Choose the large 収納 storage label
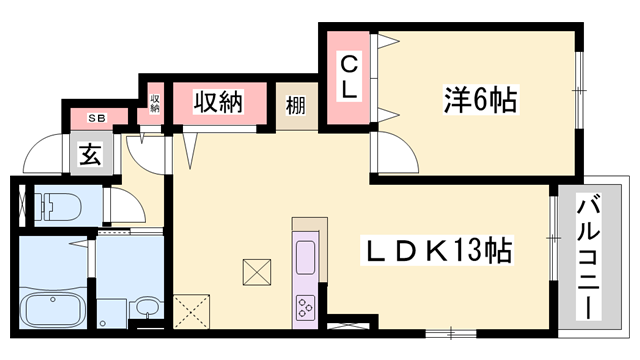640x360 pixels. click(219, 101)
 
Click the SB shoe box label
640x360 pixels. click(97, 116)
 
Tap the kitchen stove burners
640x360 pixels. click(304, 306)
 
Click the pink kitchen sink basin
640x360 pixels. click(305, 258)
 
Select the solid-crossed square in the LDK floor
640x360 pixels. click(257, 271)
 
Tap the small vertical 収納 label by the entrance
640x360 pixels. click(156, 103)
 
